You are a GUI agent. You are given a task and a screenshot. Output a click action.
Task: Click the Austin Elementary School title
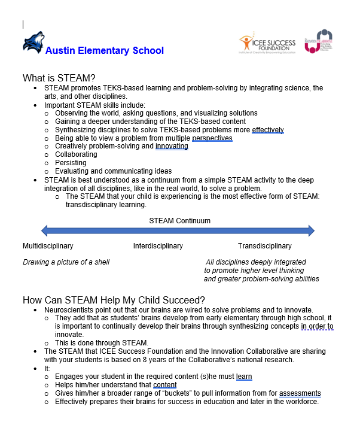[105, 50]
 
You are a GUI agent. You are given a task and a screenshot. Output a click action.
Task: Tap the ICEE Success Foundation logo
[267, 44]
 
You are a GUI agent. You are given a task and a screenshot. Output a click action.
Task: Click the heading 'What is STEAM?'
[59, 78]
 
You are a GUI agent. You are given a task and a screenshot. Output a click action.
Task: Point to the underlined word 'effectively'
[268, 130]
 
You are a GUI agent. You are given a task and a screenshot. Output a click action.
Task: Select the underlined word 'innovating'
[172, 146]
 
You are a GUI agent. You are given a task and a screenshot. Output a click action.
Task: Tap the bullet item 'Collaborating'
[76, 154]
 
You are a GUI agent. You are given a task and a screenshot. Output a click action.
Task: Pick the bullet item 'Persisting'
[71, 163]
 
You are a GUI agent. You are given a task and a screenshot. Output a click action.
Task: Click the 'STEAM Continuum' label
[179, 221]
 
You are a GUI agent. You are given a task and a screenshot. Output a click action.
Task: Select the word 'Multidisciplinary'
[48, 246]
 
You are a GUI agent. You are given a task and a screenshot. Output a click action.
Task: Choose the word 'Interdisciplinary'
[158, 246]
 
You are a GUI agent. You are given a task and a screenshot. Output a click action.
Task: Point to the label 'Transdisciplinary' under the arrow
[264, 246]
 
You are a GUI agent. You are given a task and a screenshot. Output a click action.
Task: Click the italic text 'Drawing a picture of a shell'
[66, 262]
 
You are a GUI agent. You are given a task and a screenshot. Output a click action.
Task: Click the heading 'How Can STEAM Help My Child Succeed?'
[114, 300]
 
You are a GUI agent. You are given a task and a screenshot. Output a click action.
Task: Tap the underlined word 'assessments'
[300, 393]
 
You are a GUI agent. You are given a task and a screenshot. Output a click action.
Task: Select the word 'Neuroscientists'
[71, 310]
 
